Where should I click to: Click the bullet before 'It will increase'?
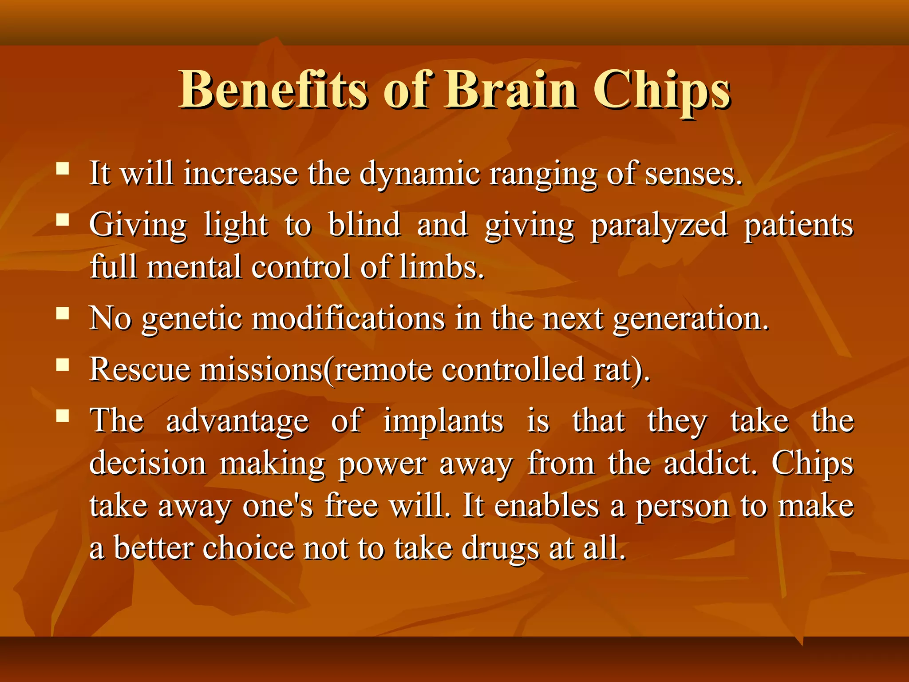coord(63,169)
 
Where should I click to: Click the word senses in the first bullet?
coord(692,174)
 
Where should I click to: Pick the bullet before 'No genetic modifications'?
coord(63,314)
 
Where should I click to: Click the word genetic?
coord(192,320)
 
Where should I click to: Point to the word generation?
coord(690,320)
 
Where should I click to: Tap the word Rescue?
coord(140,369)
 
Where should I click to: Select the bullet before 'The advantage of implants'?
coord(63,416)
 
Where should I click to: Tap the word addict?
coord(710,463)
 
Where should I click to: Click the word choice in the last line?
coord(249,548)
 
